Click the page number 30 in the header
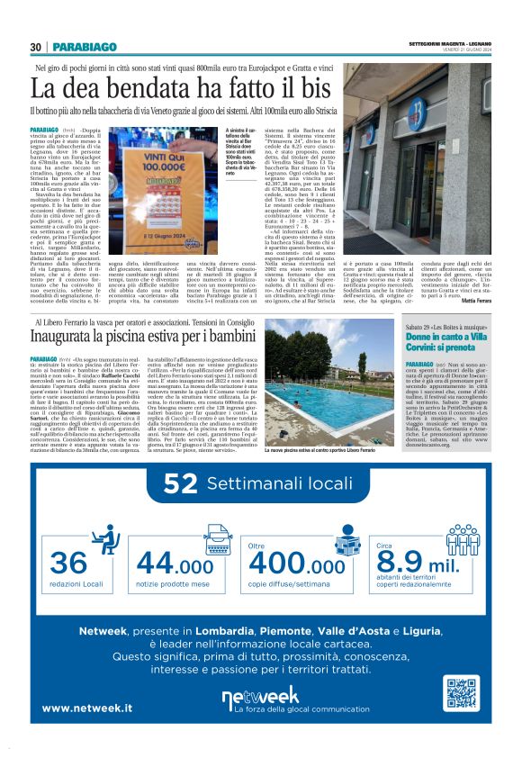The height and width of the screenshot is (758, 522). pos(36,47)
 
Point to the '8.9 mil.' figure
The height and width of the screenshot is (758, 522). pos(423,564)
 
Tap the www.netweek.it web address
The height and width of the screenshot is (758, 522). pos(87,708)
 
